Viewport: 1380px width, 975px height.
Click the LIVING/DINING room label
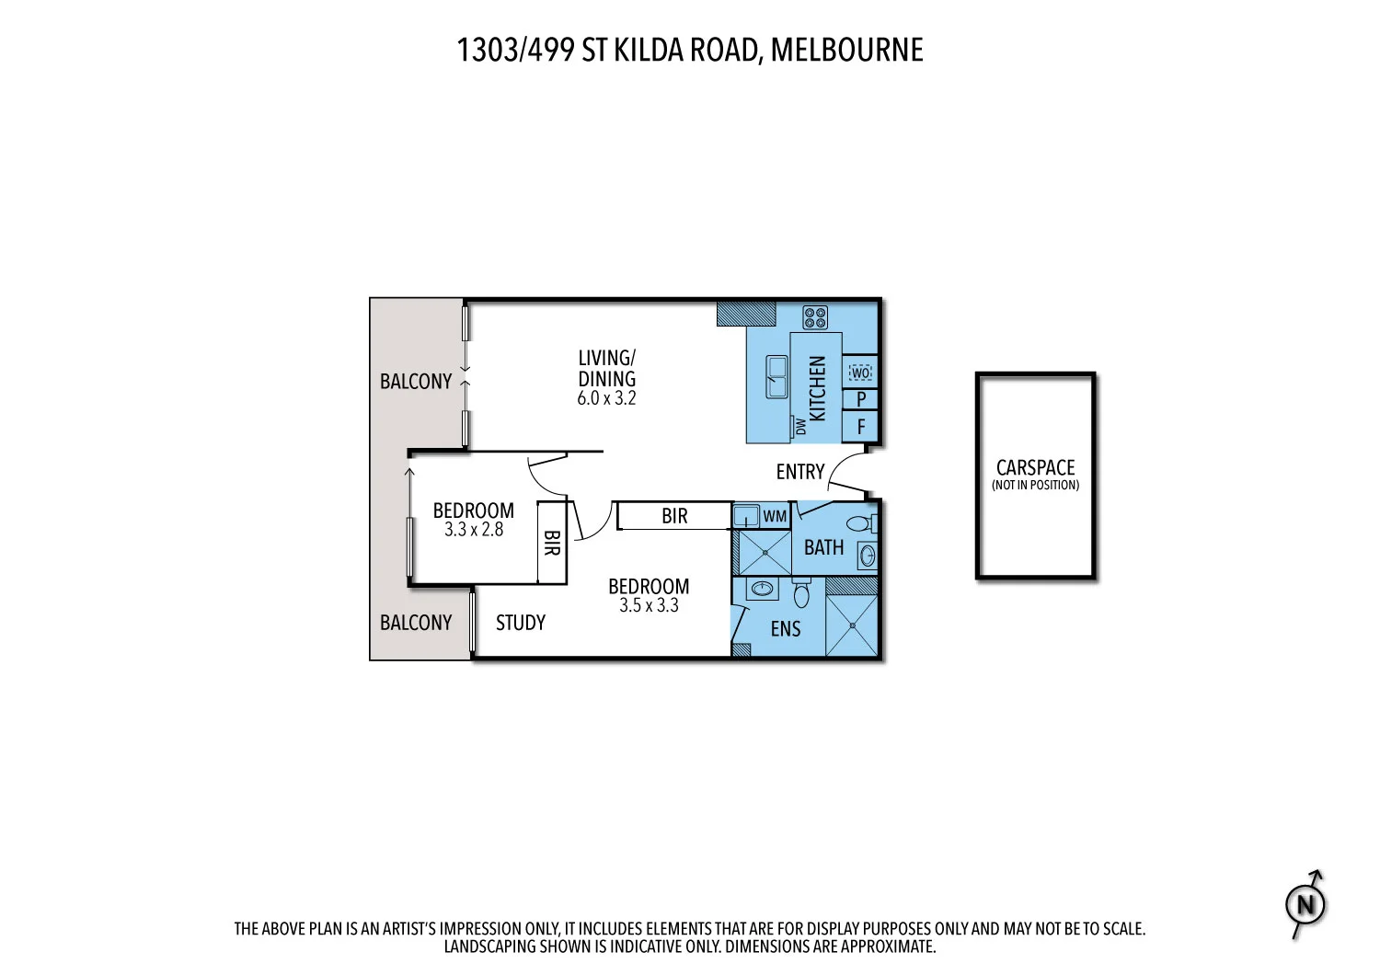pos(606,368)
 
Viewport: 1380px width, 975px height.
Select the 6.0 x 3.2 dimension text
pos(606,398)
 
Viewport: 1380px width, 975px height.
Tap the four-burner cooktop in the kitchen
pos(815,317)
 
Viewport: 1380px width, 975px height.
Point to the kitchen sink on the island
pos(776,377)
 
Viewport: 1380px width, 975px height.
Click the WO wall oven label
pos(860,373)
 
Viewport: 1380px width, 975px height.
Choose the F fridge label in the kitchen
pos(861,427)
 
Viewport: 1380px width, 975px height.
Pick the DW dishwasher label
pos(800,427)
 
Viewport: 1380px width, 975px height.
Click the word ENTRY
pos(800,472)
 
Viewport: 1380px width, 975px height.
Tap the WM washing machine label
pos(775,516)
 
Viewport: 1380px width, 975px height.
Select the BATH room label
pos(823,548)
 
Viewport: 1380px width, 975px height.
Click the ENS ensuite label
pos(786,629)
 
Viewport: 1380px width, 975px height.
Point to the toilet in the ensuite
pos(801,593)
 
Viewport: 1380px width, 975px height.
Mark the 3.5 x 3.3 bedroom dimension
pos(649,606)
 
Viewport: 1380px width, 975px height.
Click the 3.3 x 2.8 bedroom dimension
pos(474,530)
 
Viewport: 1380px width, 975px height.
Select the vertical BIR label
pos(551,543)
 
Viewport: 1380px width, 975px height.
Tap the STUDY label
pos(521,623)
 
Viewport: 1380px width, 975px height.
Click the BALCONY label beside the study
pos(416,623)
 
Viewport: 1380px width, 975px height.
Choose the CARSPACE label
pos(1035,468)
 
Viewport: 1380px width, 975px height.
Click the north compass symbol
pos(1305,904)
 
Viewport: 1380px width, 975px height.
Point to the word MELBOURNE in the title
pos(846,50)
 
